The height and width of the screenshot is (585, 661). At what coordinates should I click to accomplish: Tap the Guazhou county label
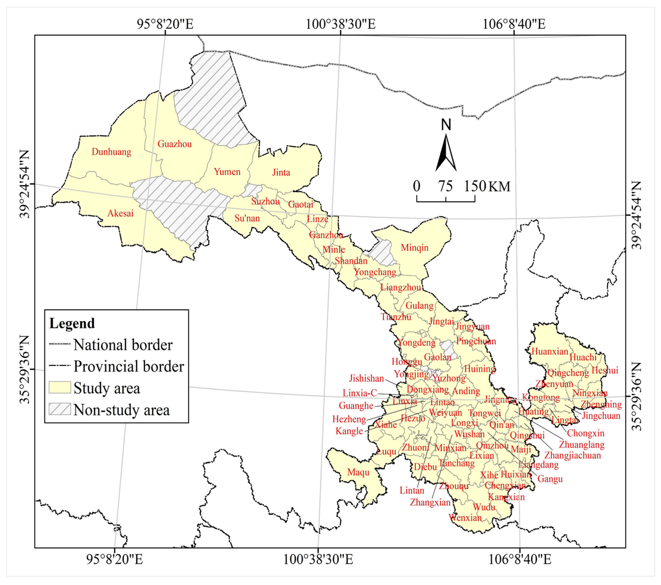tap(175, 144)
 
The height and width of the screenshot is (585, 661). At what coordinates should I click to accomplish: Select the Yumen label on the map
tap(227, 172)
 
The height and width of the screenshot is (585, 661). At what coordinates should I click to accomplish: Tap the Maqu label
tap(358, 472)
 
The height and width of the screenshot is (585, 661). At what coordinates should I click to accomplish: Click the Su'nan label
tap(247, 218)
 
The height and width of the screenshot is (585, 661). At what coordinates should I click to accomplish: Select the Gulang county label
tap(419, 306)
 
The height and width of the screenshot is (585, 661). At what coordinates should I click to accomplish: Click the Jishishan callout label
tap(366, 378)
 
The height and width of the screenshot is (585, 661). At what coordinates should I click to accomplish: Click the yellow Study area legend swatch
tap(60, 388)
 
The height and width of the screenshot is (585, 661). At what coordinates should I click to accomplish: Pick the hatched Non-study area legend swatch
tap(60, 409)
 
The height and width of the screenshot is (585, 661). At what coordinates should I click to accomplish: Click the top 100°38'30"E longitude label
tap(341, 24)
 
